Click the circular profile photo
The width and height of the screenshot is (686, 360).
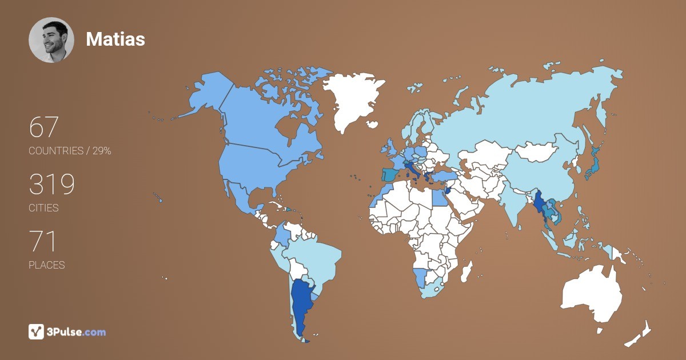51,39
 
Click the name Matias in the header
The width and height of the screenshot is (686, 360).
115,39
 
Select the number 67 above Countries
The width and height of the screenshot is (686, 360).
44,127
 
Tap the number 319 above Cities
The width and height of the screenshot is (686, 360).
51,184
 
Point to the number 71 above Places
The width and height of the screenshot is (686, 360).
42,241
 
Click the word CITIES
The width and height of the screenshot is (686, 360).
43,208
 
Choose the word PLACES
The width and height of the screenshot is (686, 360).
46,265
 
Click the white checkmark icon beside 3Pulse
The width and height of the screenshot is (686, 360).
36,331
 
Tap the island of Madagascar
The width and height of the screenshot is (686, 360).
466,271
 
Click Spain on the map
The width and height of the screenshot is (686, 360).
391,174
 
